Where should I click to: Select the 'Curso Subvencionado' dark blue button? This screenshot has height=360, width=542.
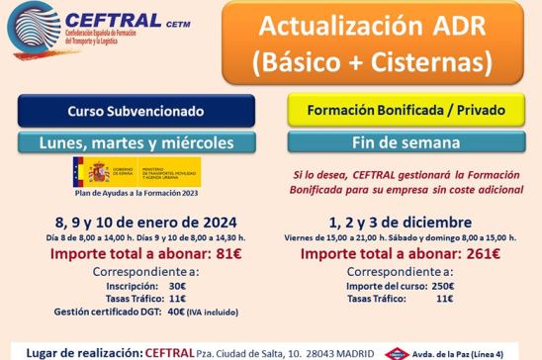pos(135,111)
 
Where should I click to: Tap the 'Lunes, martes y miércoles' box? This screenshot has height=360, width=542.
pos(135,142)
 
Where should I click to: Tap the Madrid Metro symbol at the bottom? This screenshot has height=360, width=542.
pos(397,352)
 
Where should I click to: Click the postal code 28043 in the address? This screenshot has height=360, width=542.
pos(290,352)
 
